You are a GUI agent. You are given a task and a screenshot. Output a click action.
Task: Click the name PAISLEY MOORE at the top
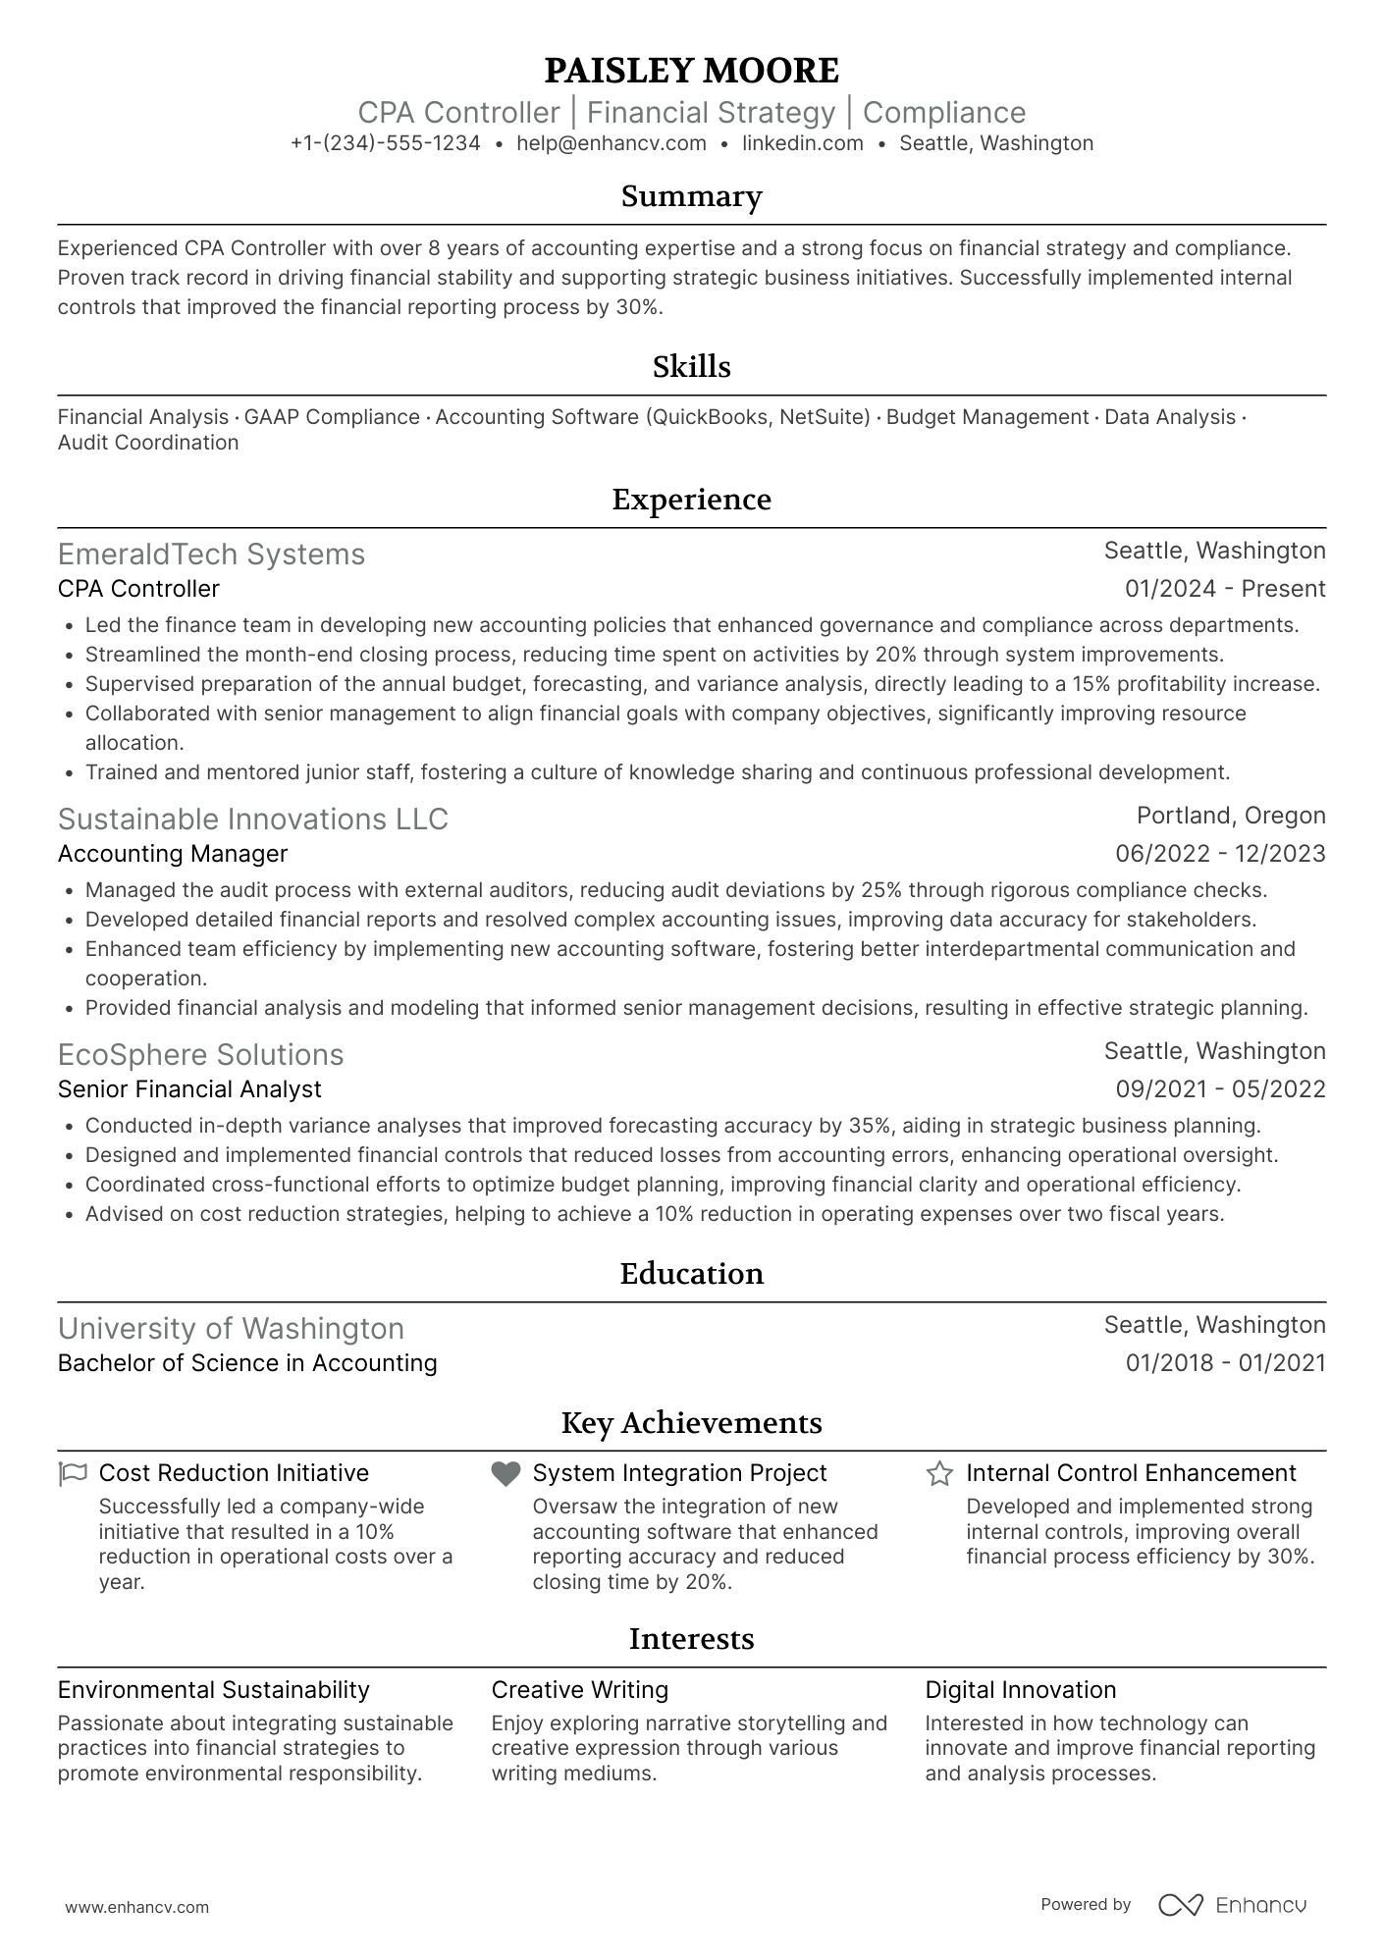pos(691,71)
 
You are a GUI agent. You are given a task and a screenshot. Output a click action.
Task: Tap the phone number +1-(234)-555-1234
pos(385,143)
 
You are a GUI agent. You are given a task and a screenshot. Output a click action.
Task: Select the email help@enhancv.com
pos(612,143)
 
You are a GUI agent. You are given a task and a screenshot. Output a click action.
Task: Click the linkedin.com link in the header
pos(802,143)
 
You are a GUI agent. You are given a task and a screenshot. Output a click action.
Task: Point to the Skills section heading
pos(691,367)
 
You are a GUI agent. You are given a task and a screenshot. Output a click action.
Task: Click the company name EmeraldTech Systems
pos(211,555)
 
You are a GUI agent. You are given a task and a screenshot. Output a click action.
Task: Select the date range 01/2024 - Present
pos(1224,589)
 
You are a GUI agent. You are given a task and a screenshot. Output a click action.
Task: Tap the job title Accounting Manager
pos(173,854)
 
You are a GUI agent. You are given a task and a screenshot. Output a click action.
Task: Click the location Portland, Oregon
pos(1230,816)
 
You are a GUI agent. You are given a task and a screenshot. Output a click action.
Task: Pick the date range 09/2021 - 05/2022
pos(1219,1089)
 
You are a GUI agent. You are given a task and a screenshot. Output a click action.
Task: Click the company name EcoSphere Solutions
pos(200,1055)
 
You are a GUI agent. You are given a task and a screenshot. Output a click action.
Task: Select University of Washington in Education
pos(231,1329)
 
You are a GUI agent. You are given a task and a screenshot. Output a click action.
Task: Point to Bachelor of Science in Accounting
pos(247,1363)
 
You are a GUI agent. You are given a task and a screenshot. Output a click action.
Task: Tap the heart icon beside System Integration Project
pos(506,1473)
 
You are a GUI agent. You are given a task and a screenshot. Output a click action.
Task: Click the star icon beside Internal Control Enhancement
pos(938,1473)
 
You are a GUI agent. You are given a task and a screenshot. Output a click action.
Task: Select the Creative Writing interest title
pos(579,1690)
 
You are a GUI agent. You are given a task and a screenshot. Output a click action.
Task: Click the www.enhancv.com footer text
pos(136,1907)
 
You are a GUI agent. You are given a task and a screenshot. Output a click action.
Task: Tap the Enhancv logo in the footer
pos(1232,1905)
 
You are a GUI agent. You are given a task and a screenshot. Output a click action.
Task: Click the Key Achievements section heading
pos(691,1423)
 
